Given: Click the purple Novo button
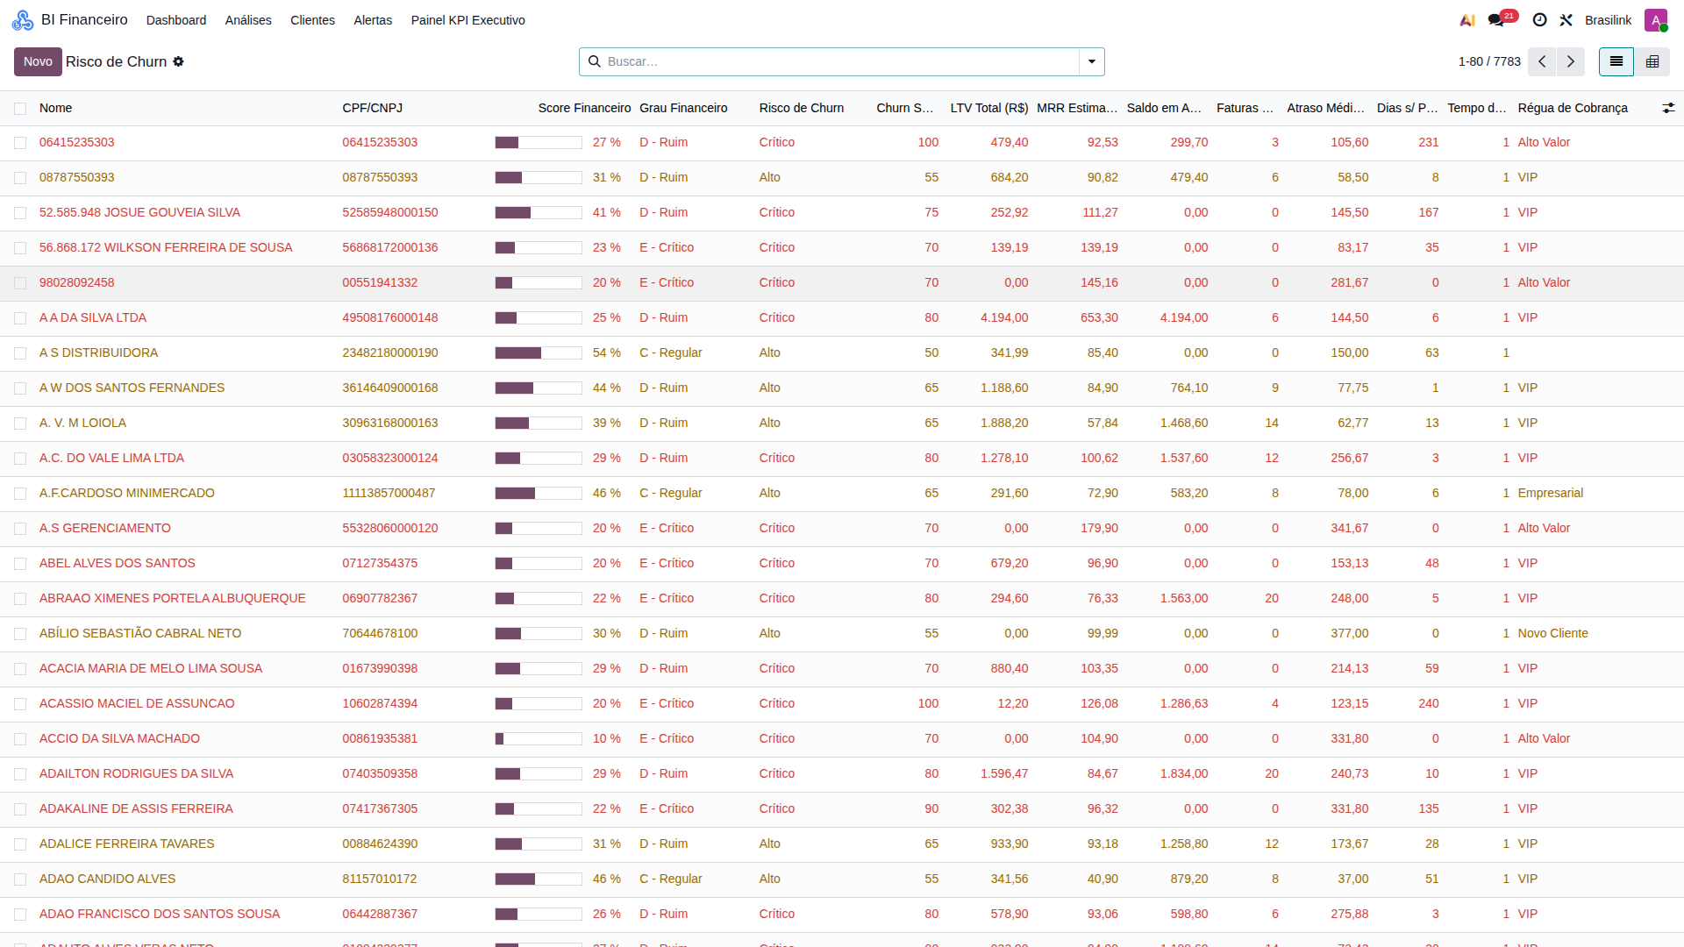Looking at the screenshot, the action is point(38,61).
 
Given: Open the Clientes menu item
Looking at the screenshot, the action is point(312,20).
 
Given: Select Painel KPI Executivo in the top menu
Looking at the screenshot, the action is point(467,20).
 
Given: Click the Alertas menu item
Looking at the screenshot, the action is point(373,20).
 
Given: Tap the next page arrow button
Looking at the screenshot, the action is point(1570,61).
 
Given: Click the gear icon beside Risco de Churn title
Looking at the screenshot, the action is point(178,61).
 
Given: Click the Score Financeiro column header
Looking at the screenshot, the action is point(584,108).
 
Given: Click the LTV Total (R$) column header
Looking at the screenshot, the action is point(988,108).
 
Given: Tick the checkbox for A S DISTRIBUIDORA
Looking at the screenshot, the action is point(20,353).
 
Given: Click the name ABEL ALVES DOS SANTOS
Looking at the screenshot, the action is point(118,563).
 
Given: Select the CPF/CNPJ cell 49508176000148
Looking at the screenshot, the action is point(390,317).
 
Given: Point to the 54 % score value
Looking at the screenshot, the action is point(607,352).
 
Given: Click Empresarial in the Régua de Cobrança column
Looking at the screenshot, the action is point(1551,493).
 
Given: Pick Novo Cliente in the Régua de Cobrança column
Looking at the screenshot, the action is point(1553,633).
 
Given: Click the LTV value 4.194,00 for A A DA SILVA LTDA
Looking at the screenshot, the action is point(1004,317).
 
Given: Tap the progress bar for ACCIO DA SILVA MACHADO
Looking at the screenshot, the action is point(539,739).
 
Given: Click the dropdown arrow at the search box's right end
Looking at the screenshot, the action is point(1092,61).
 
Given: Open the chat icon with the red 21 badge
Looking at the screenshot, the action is point(1497,20).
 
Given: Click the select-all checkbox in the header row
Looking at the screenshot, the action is point(20,109).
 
